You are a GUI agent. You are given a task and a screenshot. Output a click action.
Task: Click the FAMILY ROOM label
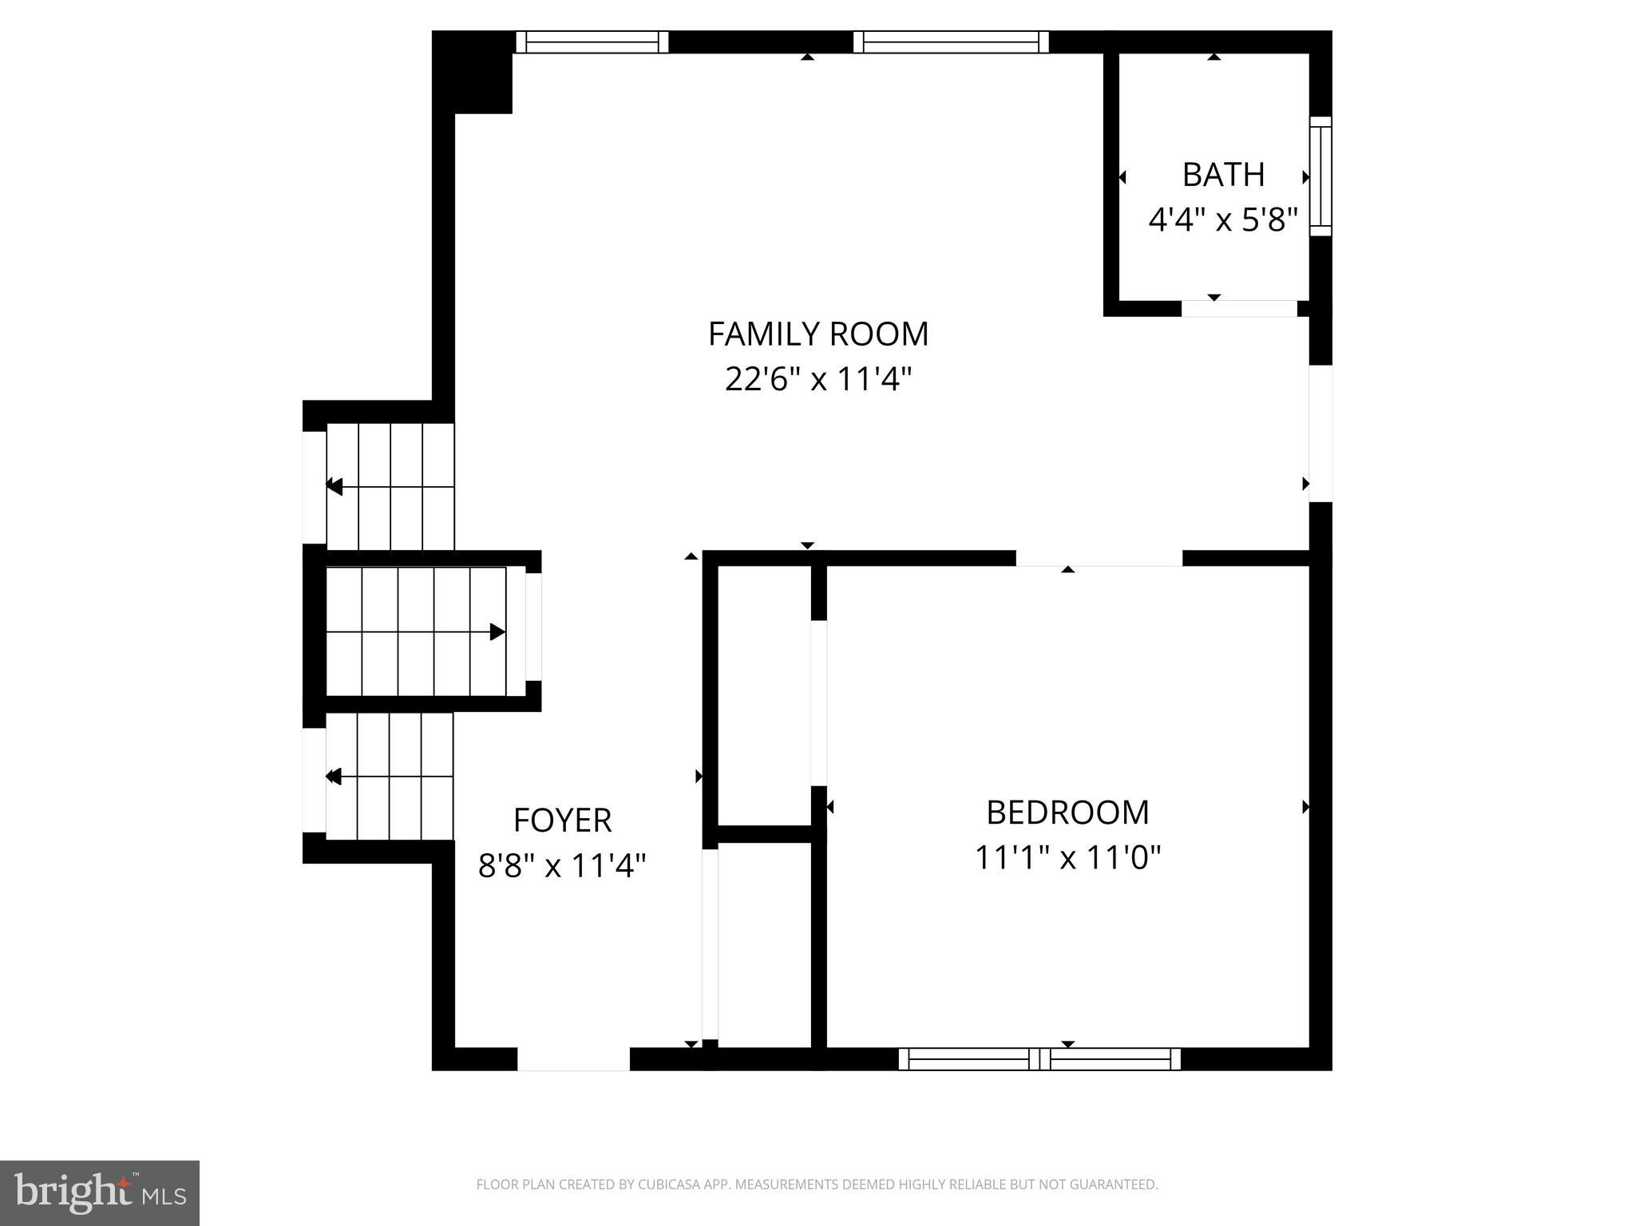pos(818,334)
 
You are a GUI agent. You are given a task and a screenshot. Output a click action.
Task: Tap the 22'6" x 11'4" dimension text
pos(818,379)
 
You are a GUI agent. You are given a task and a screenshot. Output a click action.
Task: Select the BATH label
pos(1223,175)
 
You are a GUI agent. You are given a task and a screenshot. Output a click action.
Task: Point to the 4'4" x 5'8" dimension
pos(1223,219)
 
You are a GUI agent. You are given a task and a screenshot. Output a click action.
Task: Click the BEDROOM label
pos(1067,813)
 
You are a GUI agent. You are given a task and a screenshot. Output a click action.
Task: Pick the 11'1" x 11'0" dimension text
pos(1067,858)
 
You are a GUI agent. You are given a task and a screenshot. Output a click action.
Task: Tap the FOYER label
pos(562,820)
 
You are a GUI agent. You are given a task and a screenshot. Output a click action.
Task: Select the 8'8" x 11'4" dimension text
pos(562,865)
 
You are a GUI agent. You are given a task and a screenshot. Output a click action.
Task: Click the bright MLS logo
pos(100,1192)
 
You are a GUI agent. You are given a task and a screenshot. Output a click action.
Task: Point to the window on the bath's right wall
pos(1321,176)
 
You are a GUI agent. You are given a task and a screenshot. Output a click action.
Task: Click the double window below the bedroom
pos(1039,1059)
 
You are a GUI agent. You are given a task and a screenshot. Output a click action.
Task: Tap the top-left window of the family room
pos(592,42)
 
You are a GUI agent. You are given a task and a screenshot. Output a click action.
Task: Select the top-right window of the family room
pos(951,42)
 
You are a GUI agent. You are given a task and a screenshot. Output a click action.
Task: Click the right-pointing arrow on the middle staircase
pos(497,632)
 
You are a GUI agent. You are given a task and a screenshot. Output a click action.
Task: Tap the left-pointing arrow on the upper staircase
pos(335,486)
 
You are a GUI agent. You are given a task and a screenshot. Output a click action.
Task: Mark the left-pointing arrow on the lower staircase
pos(335,776)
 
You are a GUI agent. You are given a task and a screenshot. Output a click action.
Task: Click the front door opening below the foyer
pos(573,1059)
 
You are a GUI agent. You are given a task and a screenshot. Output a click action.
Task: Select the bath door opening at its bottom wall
pos(1239,309)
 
